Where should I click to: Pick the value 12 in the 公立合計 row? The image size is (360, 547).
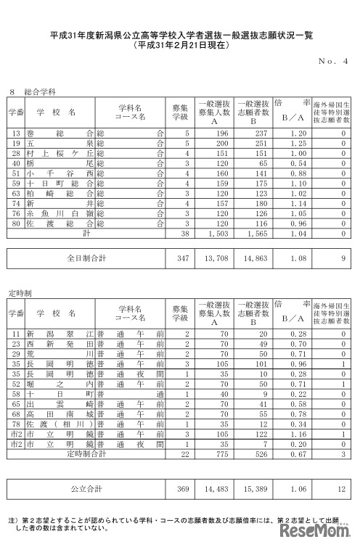[340, 490]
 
